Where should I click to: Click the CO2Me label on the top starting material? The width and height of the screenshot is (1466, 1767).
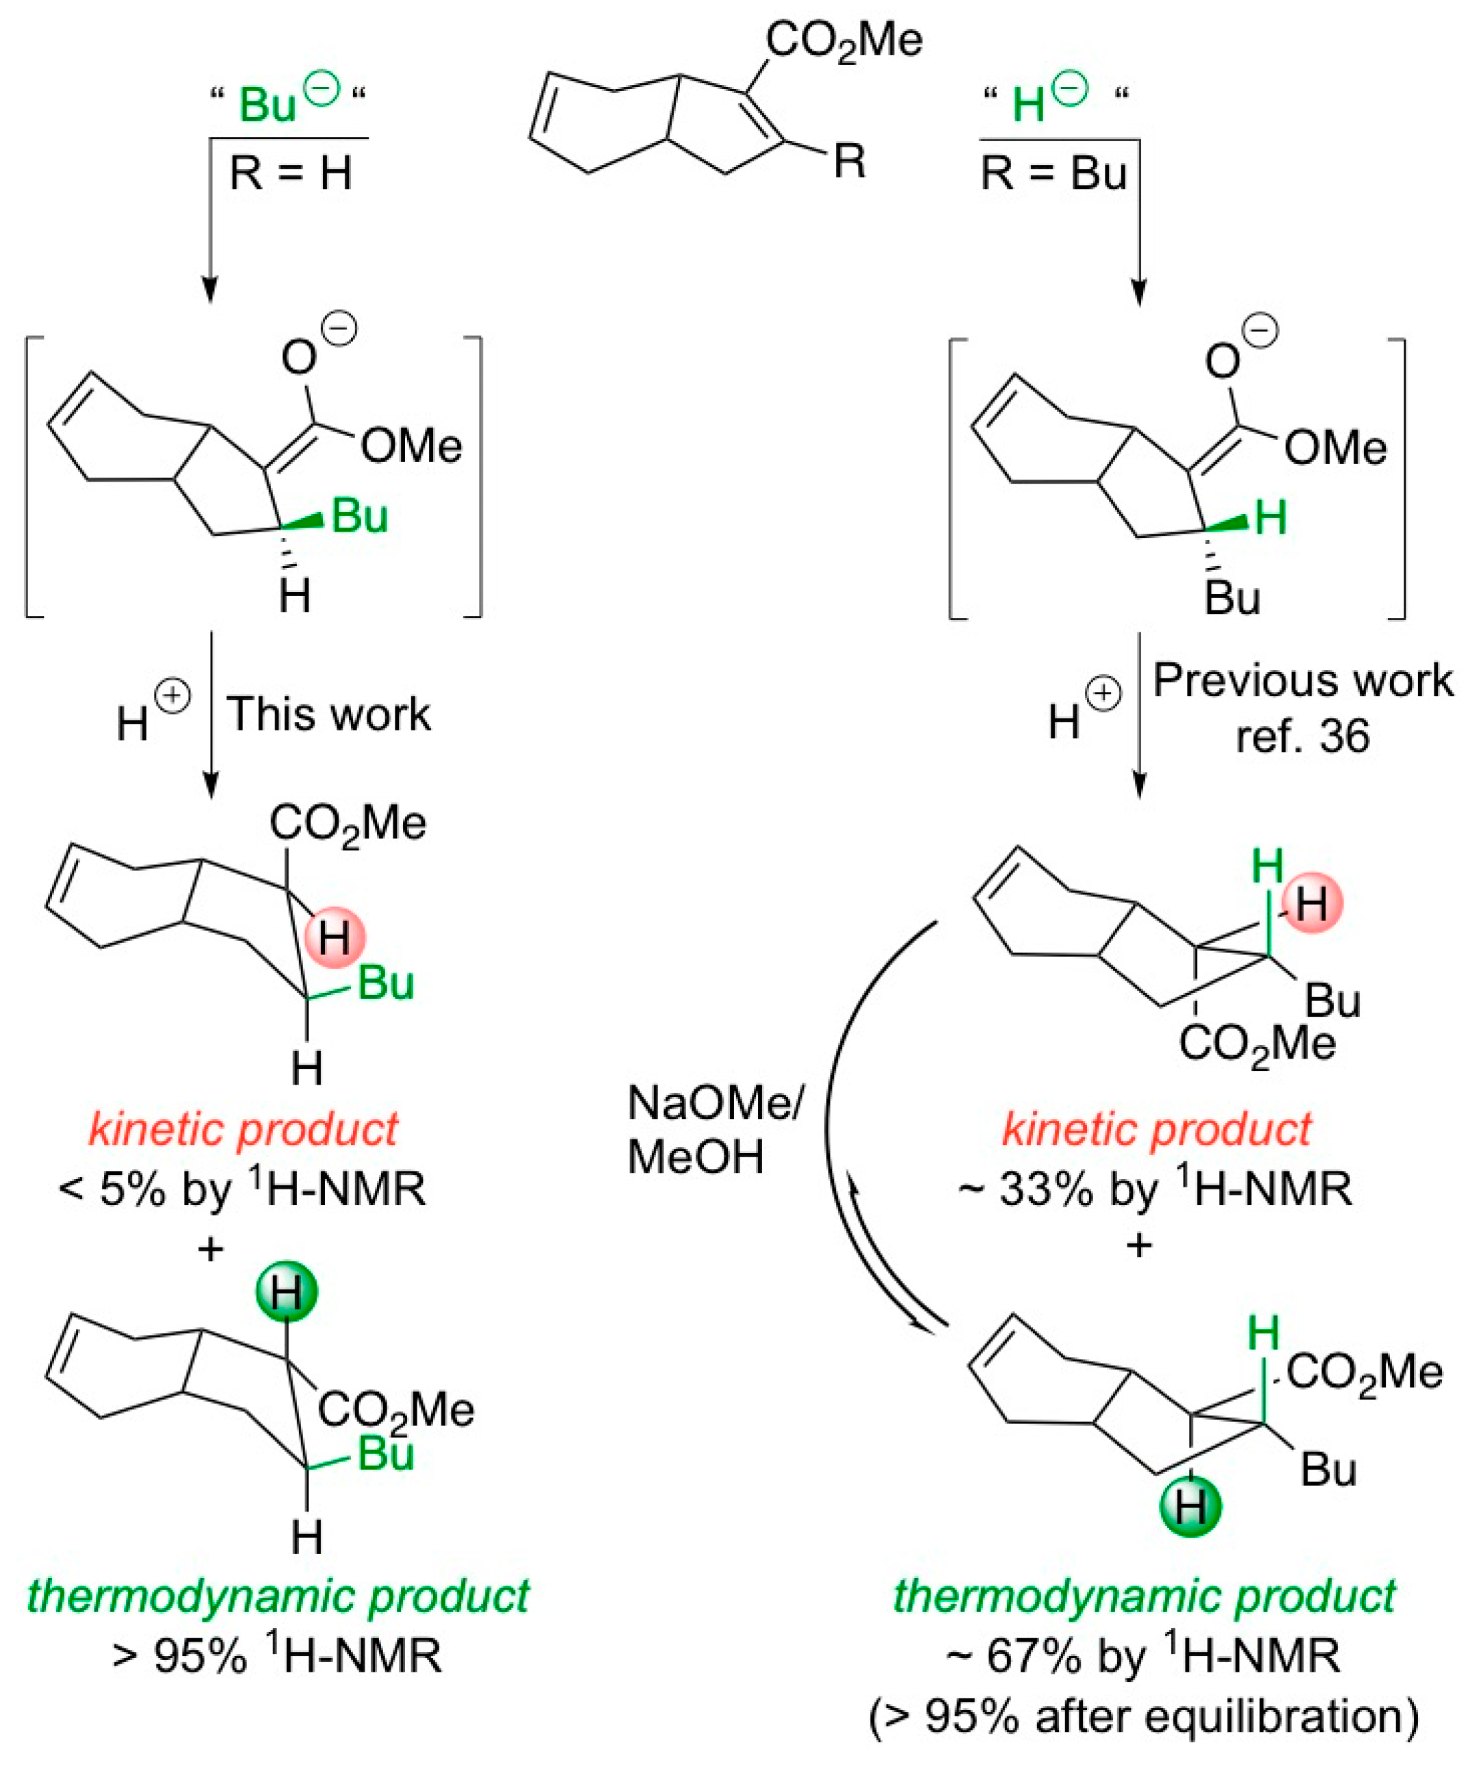[843, 40]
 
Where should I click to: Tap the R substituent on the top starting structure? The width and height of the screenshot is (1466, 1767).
[849, 161]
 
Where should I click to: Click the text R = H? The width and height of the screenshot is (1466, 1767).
[291, 174]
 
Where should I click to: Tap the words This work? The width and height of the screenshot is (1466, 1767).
[328, 715]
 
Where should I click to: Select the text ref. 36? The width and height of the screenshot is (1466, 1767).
[1302, 737]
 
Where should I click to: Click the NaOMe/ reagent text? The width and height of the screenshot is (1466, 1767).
[716, 1102]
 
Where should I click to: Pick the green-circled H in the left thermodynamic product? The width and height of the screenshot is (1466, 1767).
[286, 1292]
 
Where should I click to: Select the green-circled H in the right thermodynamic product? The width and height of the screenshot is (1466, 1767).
[1190, 1505]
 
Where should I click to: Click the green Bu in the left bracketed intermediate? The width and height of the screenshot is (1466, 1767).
[359, 516]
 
